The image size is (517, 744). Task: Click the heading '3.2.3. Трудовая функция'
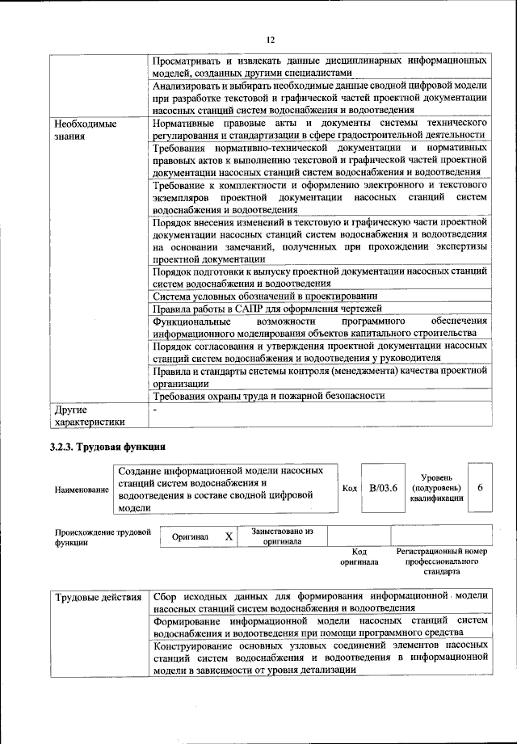tap(107, 446)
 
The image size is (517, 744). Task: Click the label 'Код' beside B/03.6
tap(349, 488)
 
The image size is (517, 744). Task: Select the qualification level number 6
tap(481, 487)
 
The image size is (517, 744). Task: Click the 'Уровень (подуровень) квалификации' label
tap(436, 488)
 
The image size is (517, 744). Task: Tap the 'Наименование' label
tap(82, 490)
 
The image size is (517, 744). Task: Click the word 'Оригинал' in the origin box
tap(191, 536)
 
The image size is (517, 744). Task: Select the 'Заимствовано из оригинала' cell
tap(282, 536)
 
